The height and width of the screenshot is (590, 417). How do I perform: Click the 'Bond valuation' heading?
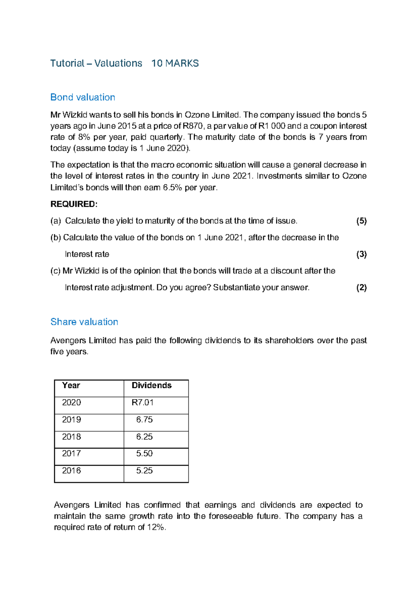click(x=83, y=97)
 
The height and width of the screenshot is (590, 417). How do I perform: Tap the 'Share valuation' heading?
click(x=84, y=322)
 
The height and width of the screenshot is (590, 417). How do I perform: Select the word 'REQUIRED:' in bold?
click(x=74, y=204)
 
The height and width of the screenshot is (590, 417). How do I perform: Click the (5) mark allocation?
click(x=361, y=221)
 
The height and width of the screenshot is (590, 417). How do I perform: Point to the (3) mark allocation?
click(x=361, y=254)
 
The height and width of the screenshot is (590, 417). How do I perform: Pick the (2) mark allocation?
click(x=361, y=288)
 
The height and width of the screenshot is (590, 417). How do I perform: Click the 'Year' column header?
click(x=71, y=385)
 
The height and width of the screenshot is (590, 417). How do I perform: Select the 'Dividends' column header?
click(x=152, y=385)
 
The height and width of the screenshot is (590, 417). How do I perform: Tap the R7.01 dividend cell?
click(x=142, y=402)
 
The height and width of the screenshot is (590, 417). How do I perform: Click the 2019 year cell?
click(x=71, y=419)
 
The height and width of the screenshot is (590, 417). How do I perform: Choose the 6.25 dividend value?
click(x=144, y=437)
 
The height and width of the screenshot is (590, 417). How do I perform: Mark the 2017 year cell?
click(x=71, y=453)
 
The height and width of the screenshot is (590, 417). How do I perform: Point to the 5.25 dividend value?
click(x=144, y=470)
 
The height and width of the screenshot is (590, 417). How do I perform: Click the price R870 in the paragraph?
click(x=193, y=126)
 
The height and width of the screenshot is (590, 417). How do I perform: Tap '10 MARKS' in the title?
click(x=175, y=63)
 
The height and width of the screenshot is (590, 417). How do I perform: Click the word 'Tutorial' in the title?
click(x=67, y=63)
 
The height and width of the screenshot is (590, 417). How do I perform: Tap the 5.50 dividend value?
click(x=144, y=453)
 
